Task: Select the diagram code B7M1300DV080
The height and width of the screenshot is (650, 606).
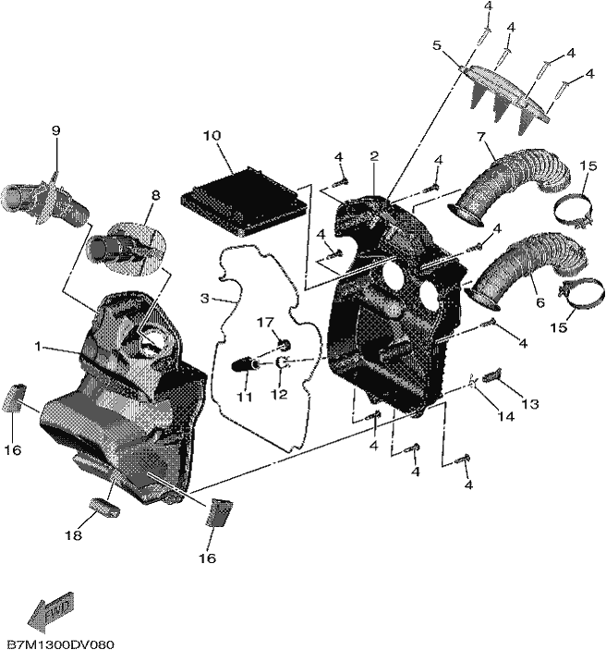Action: tap(60, 644)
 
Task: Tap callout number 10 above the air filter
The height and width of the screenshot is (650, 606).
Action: tap(212, 136)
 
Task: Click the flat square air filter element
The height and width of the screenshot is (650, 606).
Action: tap(244, 201)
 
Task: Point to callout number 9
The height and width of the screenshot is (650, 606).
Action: tap(56, 130)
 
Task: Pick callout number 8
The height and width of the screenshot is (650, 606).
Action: tap(155, 195)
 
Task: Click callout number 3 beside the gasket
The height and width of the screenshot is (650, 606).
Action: tap(205, 298)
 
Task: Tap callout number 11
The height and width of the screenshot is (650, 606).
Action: tap(244, 397)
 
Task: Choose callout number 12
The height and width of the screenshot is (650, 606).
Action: tap(279, 394)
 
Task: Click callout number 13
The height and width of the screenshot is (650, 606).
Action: tap(530, 403)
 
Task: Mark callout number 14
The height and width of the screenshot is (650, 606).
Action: tap(505, 416)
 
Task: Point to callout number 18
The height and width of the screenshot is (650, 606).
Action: tap(73, 535)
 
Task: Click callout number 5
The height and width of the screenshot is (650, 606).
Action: tap(437, 44)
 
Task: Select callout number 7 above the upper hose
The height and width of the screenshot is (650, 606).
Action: tap(480, 136)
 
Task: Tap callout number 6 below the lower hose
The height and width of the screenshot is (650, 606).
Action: tap(540, 302)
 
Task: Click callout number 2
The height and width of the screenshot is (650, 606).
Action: tap(374, 156)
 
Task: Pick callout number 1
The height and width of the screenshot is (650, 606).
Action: tap(38, 346)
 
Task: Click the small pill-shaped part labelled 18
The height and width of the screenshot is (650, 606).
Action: tap(104, 509)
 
